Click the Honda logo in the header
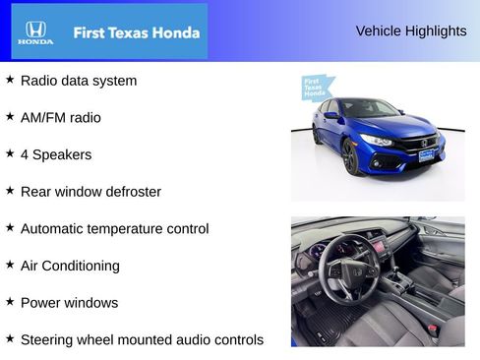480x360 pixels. [x=35, y=31]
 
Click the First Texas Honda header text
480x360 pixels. [x=136, y=32]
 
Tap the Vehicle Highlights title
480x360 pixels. [x=410, y=31]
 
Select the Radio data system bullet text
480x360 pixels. [x=79, y=81]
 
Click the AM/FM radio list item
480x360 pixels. [x=60, y=118]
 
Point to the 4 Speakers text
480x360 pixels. [x=55, y=154]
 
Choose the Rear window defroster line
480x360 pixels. [x=90, y=192]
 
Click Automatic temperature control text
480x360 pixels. [x=114, y=229]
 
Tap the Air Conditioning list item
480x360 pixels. [x=70, y=266]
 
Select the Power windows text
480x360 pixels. [x=69, y=303]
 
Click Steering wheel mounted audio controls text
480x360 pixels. [x=142, y=340]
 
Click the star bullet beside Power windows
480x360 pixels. [x=10, y=302]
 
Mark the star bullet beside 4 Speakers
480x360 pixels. [x=10, y=153]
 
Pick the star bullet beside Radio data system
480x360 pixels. [x=10, y=80]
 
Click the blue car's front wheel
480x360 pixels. [x=351, y=156]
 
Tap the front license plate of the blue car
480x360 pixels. [x=425, y=155]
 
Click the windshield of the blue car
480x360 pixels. [x=370, y=108]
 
